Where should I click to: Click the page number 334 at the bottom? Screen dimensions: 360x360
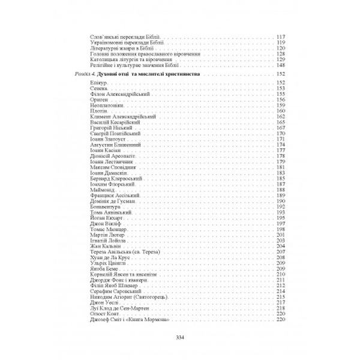(179, 335)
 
